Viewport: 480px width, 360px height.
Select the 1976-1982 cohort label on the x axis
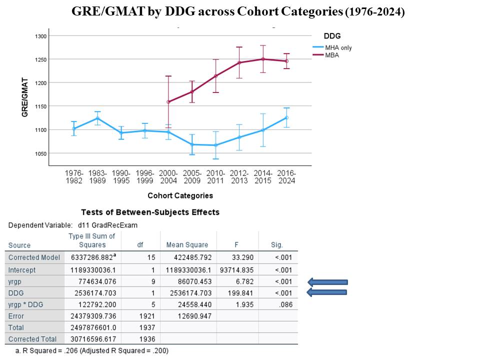(x=74, y=177)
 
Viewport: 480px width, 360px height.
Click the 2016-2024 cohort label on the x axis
(x=286, y=177)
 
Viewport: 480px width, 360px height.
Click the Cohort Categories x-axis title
(x=180, y=195)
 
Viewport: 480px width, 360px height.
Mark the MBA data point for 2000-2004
(x=168, y=102)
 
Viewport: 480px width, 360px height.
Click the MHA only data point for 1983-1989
(x=97, y=118)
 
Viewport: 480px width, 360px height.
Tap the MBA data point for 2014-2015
(x=263, y=59)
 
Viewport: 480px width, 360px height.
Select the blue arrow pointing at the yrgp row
(x=327, y=282)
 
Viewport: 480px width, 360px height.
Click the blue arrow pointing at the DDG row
(x=327, y=293)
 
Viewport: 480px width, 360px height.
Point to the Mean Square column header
(x=187, y=245)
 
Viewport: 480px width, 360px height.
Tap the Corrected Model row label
(x=34, y=257)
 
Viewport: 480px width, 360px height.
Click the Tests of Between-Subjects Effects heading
(x=150, y=212)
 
